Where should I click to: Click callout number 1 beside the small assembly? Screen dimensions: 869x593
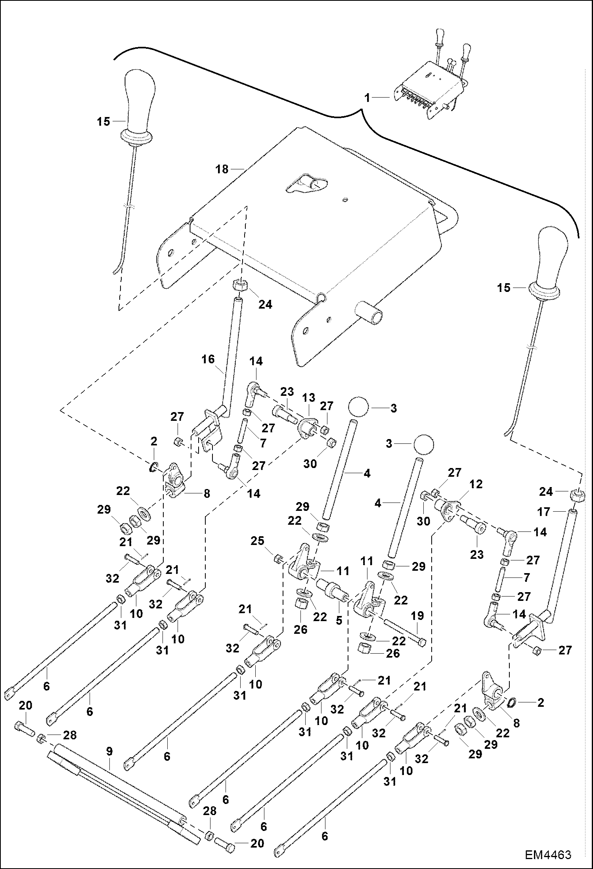[367, 98]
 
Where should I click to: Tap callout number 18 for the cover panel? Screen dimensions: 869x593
[222, 169]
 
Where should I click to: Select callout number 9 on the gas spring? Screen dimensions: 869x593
[109, 751]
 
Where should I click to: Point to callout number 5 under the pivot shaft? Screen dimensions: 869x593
[339, 620]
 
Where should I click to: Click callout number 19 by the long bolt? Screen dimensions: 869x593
[418, 616]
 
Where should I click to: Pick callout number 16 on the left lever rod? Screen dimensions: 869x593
[208, 360]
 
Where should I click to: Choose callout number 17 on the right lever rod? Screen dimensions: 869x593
[544, 512]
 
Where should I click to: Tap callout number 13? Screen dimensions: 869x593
[309, 397]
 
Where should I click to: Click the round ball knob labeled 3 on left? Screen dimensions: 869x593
[358, 407]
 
